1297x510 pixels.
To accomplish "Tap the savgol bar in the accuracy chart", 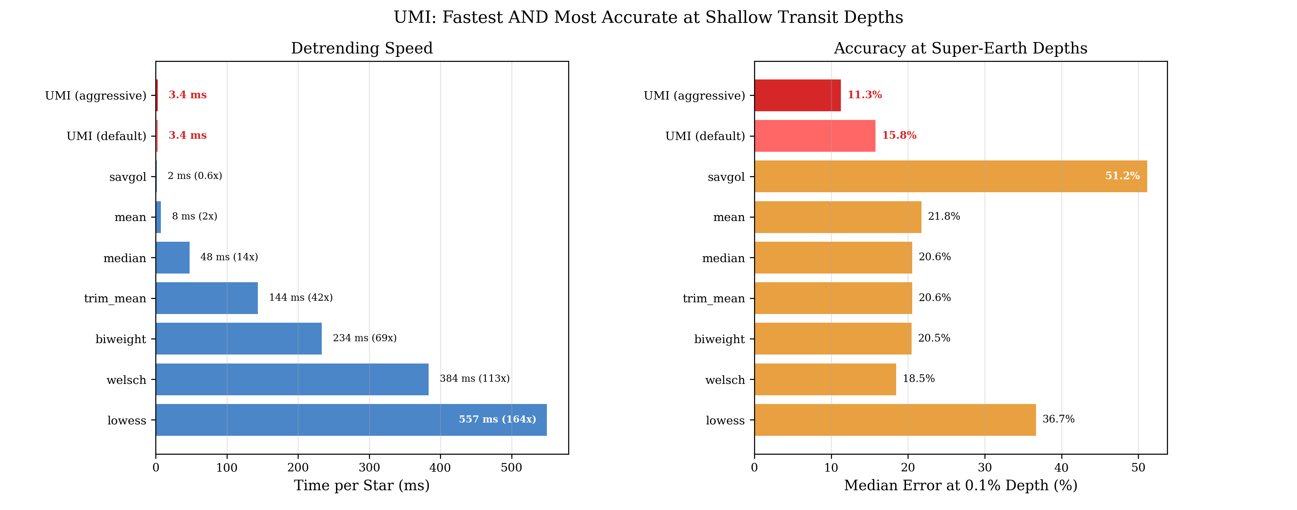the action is point(951,176).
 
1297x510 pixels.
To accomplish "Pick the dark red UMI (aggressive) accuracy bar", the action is point(798,95).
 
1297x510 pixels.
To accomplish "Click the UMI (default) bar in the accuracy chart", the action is point(815,136).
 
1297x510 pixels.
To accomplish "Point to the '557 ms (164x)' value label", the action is point(497,419).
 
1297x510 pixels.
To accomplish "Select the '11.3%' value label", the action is point(864,95).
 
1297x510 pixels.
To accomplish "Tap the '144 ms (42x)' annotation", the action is point(300,297).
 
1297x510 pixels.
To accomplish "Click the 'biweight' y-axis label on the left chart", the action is point(121,339).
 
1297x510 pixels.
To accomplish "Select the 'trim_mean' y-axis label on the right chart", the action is point(713,298).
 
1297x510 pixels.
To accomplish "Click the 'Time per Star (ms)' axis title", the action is point(362,485).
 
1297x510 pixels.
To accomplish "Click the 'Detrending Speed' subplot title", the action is point(362,49).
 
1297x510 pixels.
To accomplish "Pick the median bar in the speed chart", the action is point(173,257).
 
